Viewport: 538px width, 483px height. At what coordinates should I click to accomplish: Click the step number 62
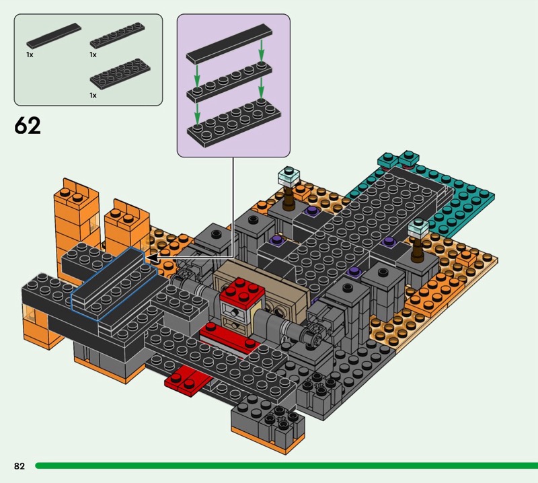(28, 126)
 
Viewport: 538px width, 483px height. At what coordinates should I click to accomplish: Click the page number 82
(20, 466)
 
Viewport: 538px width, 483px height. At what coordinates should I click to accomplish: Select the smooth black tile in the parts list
(54, 36)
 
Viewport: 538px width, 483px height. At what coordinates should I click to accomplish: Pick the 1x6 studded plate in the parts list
(117, 35)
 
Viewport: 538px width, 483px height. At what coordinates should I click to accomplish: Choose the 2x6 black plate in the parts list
(120, 73)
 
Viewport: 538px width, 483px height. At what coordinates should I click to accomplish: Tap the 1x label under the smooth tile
(30, 54)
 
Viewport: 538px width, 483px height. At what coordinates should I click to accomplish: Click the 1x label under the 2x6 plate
(93, 96)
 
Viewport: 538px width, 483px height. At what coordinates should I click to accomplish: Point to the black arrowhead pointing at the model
(152, 258)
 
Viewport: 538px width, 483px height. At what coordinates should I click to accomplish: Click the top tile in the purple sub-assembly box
(229, 44)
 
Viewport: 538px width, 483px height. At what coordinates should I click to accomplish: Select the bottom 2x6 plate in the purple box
(234, 124)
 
